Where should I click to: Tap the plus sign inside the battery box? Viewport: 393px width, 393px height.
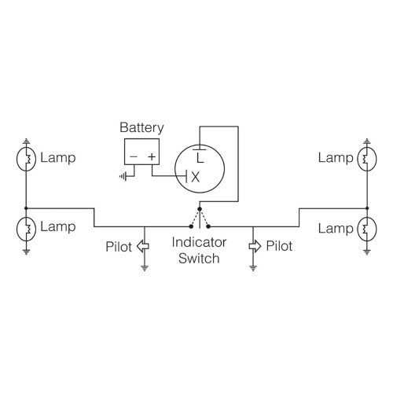point(152,157)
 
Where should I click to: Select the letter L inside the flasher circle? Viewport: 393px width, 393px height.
point(200,158)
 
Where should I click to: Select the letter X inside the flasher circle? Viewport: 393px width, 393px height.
point(196,178)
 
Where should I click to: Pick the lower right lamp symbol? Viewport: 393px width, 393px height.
point(366,229)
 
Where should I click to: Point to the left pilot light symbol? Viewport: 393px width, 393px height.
point(143,246)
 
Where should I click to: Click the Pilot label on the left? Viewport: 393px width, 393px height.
point(119,246)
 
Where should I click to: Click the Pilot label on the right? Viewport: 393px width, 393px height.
point(280,246)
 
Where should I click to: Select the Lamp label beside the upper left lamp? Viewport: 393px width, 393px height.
point(58,158)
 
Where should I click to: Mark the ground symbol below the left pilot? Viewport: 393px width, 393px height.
point(144,268)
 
